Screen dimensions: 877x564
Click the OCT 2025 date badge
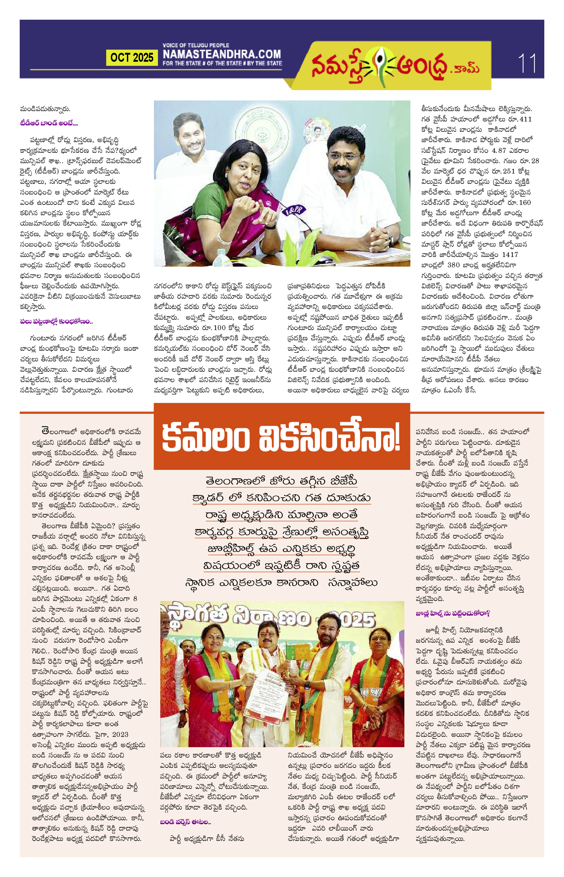click(x=132, y=57)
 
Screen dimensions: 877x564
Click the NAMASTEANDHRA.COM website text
click(x=222, y=54)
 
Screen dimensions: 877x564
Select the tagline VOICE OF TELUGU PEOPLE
click(x=196, y=45)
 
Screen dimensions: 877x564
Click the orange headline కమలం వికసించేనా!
click(x=281, y=437)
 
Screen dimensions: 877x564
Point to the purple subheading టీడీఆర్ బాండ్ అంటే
click(x=49, y=123)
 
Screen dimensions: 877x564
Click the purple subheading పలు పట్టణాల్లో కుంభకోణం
click(x=56, y=321)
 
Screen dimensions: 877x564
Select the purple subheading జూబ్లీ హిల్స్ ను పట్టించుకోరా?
click(x=453, y=613)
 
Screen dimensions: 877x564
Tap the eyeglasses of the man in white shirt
click(x=343, y=157)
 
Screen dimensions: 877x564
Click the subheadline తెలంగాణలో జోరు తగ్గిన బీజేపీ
click(x=281, y=481)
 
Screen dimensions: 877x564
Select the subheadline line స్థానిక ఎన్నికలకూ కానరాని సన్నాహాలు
click(x=281, y=582)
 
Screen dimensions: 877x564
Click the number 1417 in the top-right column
click(x=510, y=254)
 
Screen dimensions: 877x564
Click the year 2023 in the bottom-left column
click(x=120, y=734)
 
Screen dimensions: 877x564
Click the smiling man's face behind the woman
click(x=190, y=134)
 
